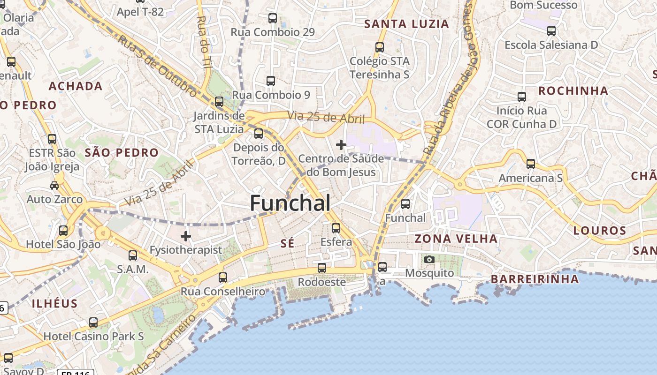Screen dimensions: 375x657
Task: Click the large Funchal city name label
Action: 290,203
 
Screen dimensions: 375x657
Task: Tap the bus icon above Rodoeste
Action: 321,268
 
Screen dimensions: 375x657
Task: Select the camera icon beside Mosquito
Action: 429,259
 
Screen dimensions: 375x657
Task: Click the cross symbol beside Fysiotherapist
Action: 186,236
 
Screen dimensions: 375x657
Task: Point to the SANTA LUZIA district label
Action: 407,24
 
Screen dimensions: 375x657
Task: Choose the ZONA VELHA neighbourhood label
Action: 456,239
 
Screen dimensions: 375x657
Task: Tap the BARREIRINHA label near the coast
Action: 535,279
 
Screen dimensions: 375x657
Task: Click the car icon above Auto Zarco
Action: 54,185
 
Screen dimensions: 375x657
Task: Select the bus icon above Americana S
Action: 530,164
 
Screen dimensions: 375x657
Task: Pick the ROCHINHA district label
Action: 573,91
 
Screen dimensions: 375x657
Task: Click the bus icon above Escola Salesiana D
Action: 551,31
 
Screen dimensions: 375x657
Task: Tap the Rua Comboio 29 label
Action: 273,32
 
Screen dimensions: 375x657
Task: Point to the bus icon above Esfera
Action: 336,228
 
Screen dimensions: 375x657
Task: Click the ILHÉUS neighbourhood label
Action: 55,303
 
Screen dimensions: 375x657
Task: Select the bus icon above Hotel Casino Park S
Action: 93,322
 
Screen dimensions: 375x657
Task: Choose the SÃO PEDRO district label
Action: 122,152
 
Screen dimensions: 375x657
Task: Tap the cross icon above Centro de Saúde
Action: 341,145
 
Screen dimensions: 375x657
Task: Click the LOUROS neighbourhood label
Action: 600,231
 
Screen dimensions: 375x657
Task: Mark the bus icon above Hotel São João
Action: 63,231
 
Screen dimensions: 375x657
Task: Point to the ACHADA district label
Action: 76,86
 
